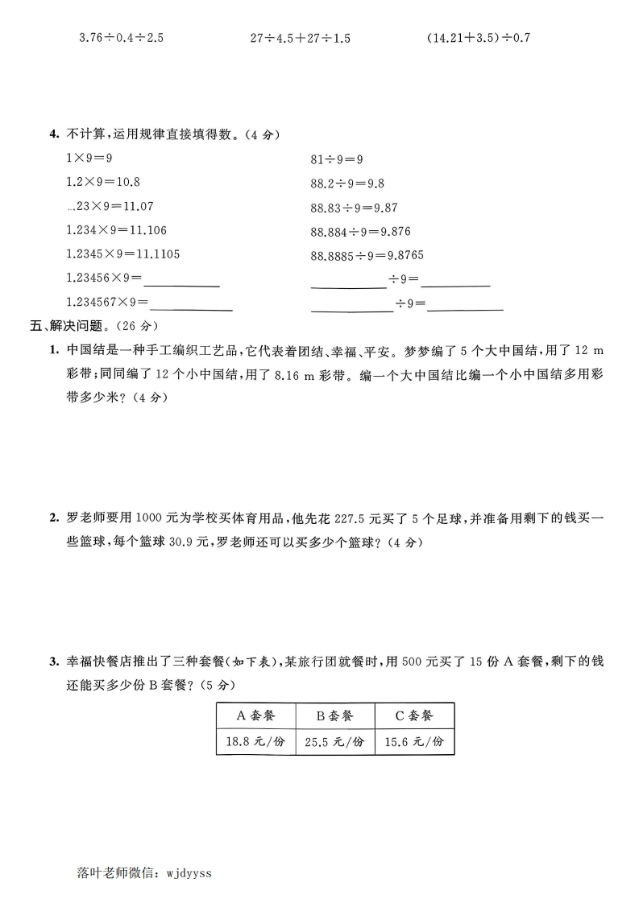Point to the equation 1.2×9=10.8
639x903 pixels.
click(102, 182)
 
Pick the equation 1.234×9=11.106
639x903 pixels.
click(116, 230)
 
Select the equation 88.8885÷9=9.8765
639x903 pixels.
click(367, 255)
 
